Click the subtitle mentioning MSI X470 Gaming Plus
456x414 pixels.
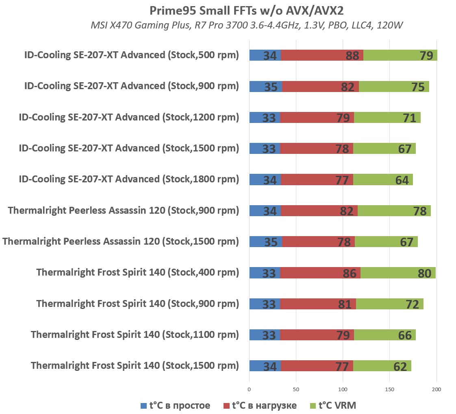point(247,26)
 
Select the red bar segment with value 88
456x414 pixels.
point(322,55)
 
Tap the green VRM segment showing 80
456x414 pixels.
point(398,273)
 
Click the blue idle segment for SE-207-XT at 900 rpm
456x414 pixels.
point(265,87)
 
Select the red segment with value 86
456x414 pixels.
point(320,273)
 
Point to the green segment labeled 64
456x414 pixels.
point(383,180)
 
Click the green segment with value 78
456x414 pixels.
point(394,211)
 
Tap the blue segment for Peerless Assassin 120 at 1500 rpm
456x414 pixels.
point(265,242)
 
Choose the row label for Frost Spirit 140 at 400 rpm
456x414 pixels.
point(137,272)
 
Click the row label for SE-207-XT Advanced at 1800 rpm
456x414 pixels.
point(129,179)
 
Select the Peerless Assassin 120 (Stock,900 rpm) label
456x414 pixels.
point(123,210)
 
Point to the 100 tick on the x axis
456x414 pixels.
point(343,389)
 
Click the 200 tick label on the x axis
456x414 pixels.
point(436,389)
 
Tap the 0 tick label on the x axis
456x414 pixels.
point(249,389)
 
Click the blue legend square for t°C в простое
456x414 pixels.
point(143,406)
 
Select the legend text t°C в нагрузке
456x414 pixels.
point(264,405)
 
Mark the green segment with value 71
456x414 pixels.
point(387,118)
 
